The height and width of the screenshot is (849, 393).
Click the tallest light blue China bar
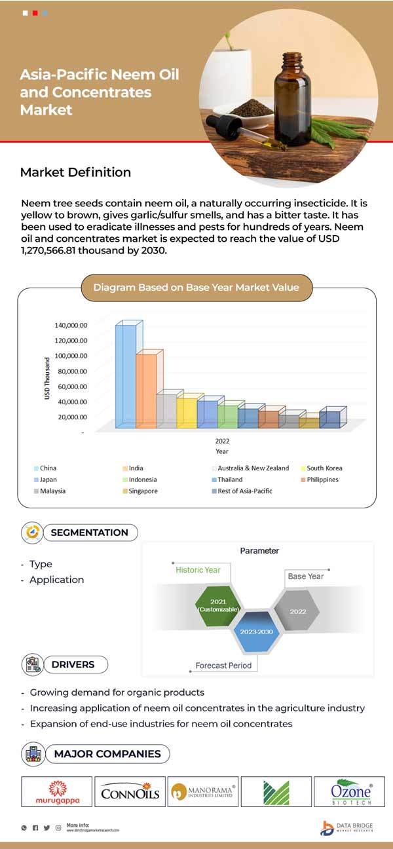[x=125, y=376]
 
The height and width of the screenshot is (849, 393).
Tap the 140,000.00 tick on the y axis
[x=70, y=325]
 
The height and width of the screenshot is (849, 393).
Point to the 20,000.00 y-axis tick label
[x=70, y=417]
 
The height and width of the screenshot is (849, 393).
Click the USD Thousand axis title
[x=47, y=379]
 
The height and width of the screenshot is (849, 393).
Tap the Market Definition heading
[x=75, y=172]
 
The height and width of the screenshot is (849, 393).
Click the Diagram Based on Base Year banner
[x=196, y=287]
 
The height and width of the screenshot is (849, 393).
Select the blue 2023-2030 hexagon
[x=257, y=632]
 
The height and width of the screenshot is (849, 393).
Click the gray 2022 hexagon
[x=297, y=611]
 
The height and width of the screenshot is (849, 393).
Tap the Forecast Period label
[x=223, y=666]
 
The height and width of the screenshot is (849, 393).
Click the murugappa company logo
[x=57, y=791]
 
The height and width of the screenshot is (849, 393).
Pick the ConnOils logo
[x=130, y=791]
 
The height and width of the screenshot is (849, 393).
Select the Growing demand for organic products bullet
[x=117, y=692]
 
